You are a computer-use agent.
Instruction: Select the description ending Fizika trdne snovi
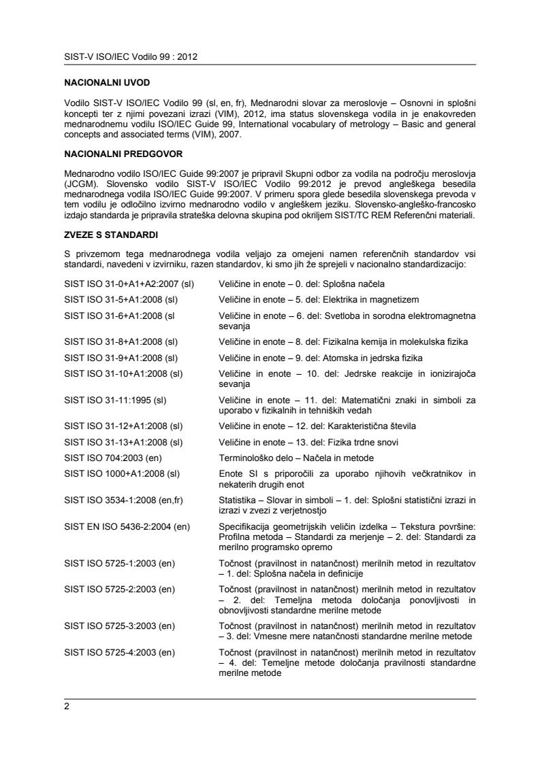[x=318, y=426]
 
